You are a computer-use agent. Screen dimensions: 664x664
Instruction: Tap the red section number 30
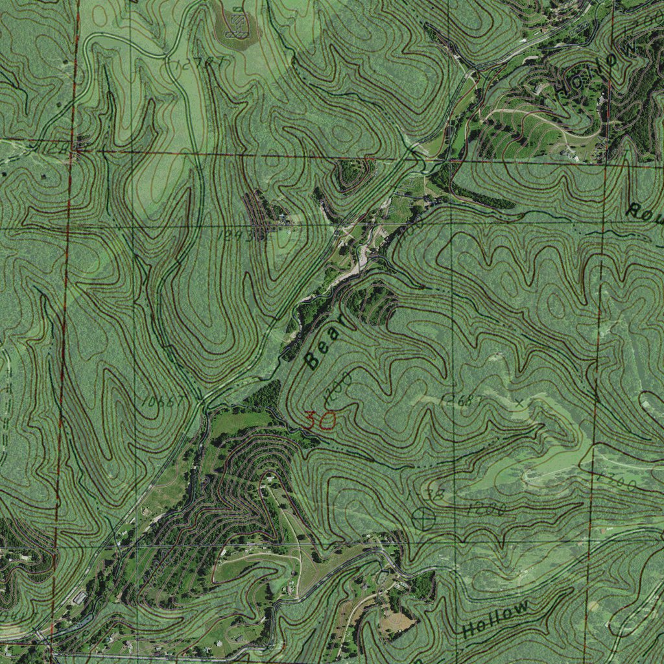coord(320,421)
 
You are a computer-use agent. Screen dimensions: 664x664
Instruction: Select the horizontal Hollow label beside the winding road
coord(496,619)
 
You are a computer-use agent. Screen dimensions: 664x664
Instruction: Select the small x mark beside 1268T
coord(519,403)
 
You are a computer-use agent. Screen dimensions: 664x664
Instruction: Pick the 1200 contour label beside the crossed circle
coord(487,509)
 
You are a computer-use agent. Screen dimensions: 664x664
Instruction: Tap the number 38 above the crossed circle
coord(435,495)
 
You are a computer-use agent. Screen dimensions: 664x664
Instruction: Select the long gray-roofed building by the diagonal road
coord(80,597)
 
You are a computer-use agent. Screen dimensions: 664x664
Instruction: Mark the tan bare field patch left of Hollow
coord(397,623)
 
